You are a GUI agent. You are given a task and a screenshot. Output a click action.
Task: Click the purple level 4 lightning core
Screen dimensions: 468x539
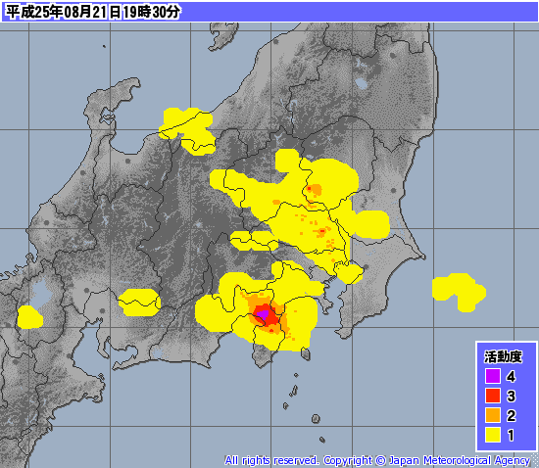click(263, 315)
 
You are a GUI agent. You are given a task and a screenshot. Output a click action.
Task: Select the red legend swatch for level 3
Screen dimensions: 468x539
click(493, 396)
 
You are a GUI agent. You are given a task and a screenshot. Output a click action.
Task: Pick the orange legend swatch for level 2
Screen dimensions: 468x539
click(493, 415)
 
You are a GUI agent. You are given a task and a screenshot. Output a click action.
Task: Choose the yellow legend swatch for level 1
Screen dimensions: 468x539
click(493, 434)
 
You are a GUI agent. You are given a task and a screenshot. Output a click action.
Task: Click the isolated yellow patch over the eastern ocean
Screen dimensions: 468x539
click(458, 289)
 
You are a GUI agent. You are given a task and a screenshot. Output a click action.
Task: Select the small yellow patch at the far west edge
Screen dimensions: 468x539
click(29, 316)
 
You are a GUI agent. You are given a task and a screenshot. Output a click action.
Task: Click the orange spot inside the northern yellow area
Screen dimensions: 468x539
click(314, 189)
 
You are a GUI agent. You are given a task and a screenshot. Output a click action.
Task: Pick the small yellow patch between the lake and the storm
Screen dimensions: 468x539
click(139, 301)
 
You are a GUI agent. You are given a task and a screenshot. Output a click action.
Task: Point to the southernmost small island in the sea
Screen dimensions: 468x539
click(317, 419)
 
